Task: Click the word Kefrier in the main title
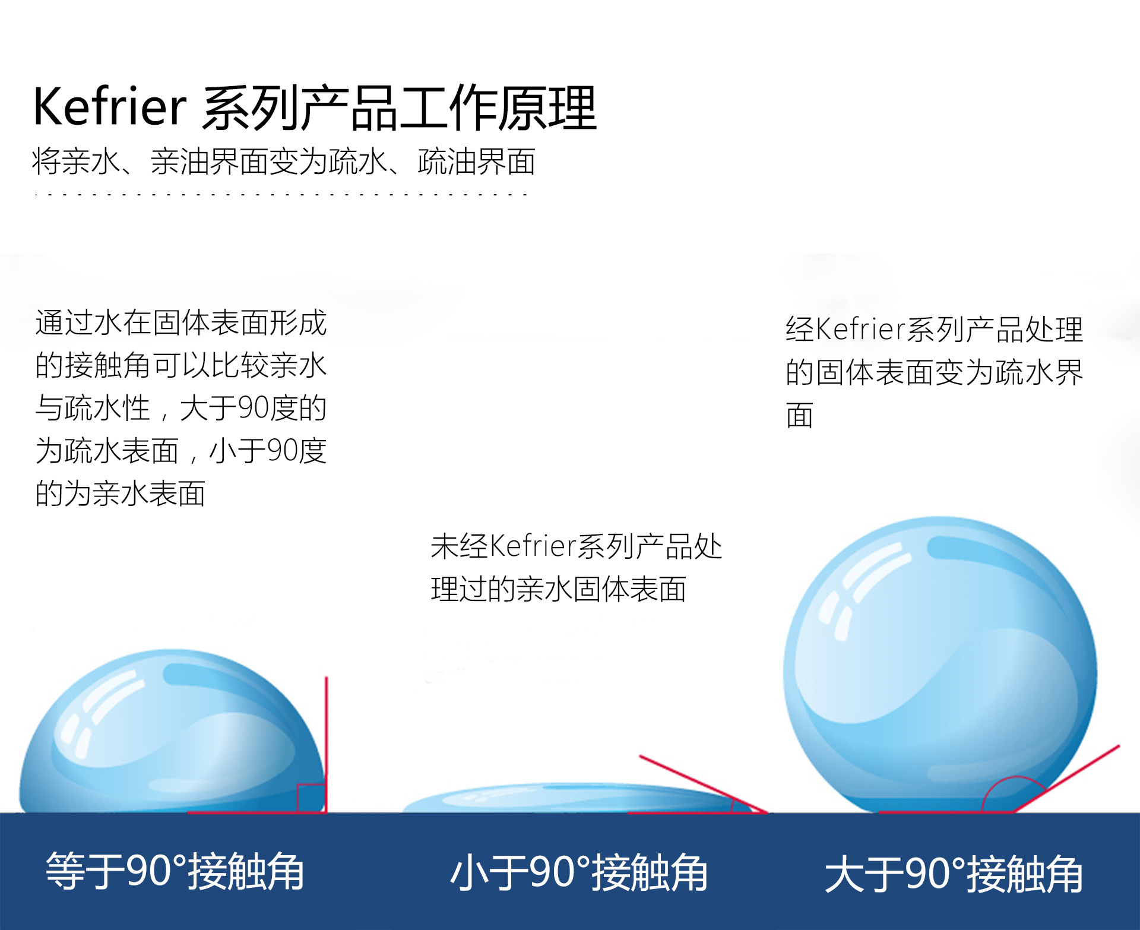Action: pos(110,107)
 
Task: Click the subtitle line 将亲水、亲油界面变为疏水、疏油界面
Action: pos(283,162)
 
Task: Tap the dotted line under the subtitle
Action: pos(281,194)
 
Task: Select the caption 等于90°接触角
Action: pos(175,871)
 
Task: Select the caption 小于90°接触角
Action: pos(579,872)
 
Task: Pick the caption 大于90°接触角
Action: pos(954,874)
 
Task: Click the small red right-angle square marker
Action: pos(311,798)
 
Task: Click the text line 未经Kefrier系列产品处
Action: pos(576,546)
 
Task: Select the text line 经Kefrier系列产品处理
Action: pos(934,330)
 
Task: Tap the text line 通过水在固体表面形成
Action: pos(180,322)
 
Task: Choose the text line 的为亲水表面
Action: pos(121,494)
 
